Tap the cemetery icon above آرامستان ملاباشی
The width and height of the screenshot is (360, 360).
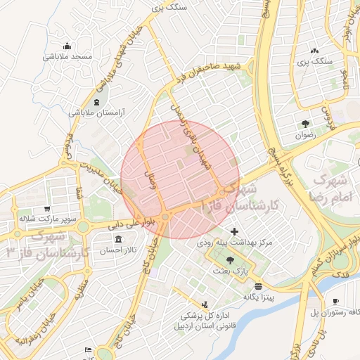[96, 101]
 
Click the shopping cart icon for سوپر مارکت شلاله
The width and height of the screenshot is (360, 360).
[46, 209]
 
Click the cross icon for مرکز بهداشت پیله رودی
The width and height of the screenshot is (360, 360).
[234, 231]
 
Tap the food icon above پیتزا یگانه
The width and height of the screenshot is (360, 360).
[259, 286]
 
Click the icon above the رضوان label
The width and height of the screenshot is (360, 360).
[304, 124]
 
